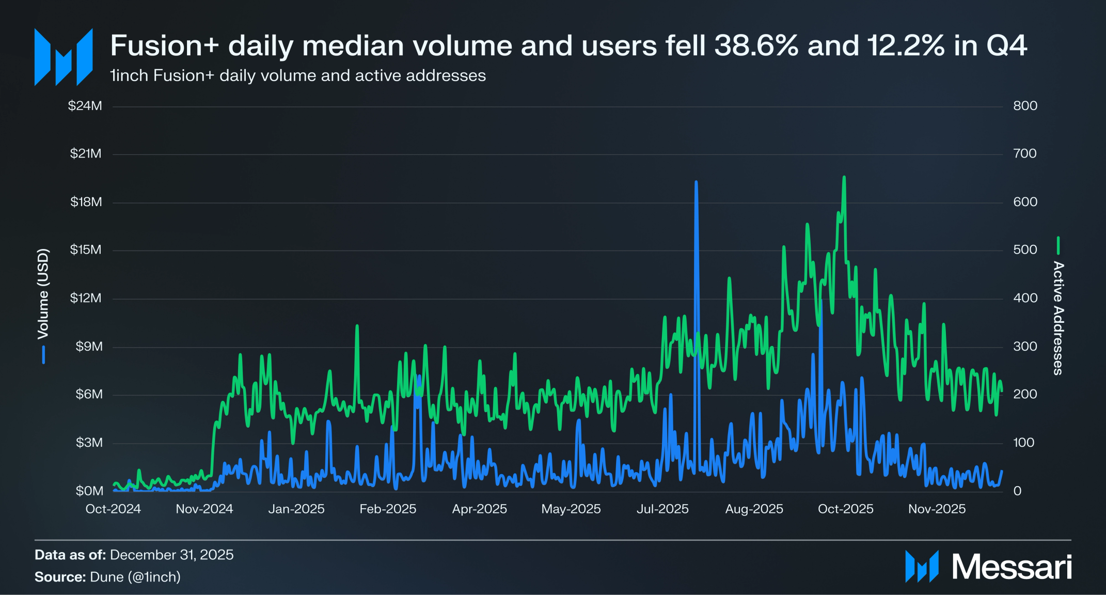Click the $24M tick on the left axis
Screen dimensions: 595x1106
point(85,106)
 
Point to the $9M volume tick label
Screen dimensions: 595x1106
point(89,347)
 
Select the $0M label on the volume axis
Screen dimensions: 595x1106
point(89,491)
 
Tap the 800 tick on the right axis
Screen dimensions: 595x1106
point(1025,106)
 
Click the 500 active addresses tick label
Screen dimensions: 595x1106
point(1025,250)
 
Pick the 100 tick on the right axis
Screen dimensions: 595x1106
point(1023,443)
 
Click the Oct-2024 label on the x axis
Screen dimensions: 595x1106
point(113,509)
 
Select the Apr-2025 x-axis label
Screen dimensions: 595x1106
point(479,509)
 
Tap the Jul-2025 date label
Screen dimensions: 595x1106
point(662,509)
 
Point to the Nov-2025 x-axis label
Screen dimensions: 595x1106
point(937,509)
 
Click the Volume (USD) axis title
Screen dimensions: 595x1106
point(43,294)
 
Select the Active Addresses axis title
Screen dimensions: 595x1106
point(1058,318)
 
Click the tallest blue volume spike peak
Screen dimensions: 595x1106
point(696,182)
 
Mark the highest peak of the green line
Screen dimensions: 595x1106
point(844,177)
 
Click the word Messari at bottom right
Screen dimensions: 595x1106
point(1012,567)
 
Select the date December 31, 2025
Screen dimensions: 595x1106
point(171,555)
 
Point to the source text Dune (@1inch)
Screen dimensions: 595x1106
point(135,577)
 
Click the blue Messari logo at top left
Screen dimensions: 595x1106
point(64,57)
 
